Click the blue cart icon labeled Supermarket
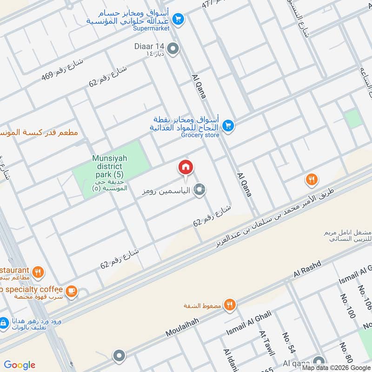point(178,20)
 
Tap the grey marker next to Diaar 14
point(173,49)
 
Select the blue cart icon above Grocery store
point(227,125)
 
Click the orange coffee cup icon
point(71,291)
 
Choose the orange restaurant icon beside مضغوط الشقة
point(229,305)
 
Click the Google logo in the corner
point(20,365)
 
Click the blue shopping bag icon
point(4,322)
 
